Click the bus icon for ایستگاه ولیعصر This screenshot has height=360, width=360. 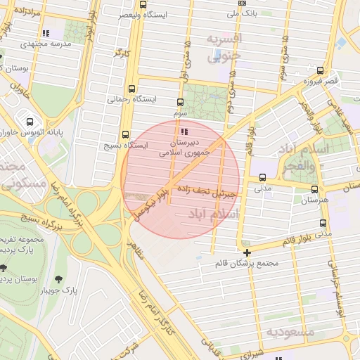coord(143,4)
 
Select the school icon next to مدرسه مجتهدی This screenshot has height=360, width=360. coord(46,33)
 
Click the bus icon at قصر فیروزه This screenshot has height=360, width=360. coord(320,71)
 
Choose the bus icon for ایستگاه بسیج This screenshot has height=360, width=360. coord(125,134)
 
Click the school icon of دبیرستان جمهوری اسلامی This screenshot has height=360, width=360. coord(184,131)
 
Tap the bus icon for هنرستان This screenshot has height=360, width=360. coord(314,189)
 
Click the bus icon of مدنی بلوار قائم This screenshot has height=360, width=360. coord(323,224)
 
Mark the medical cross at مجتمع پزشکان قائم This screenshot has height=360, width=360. coord(247,252)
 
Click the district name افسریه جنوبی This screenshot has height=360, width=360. coord(224,46)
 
